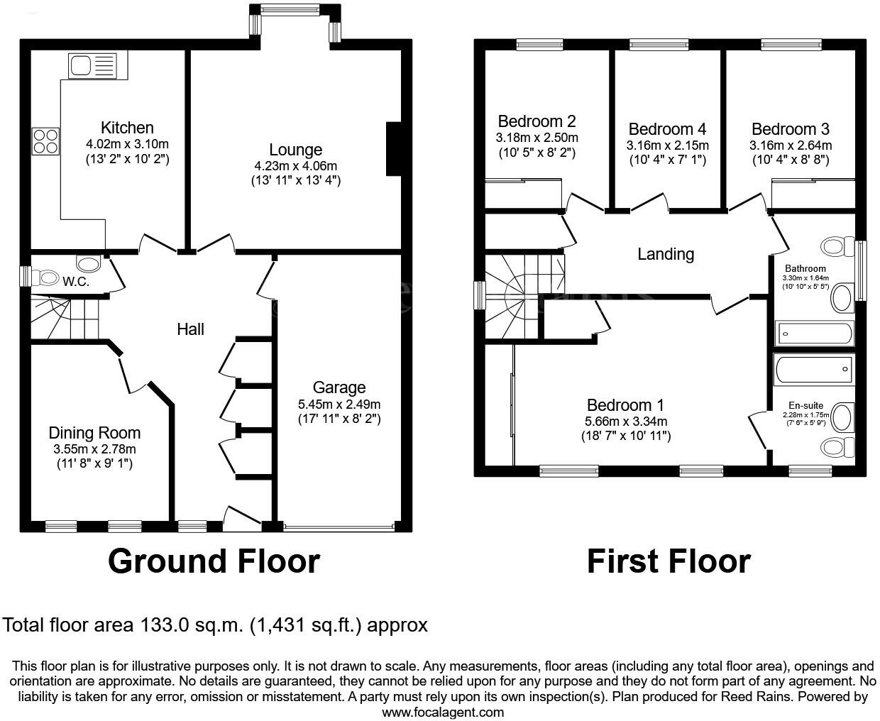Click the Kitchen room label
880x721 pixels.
(127, 128)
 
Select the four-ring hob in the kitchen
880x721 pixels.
(45, 141)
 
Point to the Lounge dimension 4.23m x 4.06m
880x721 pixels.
(296, 166)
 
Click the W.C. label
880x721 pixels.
(75, 282)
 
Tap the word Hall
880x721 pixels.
(190, 329)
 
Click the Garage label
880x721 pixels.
(339, 388)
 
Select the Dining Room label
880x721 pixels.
(94, 433)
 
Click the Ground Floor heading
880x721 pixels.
(214, 561)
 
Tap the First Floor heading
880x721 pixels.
(668, 561)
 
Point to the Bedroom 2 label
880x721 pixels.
(537, 121)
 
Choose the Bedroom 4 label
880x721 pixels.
(667, 129)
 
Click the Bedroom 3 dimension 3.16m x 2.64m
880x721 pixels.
(790, 145)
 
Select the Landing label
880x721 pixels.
(665, 254)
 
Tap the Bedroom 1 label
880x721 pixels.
(625, 405)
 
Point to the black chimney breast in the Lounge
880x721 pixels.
(393, 148)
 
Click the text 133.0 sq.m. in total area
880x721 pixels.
(192, 625)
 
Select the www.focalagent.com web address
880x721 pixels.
(443, 712)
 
